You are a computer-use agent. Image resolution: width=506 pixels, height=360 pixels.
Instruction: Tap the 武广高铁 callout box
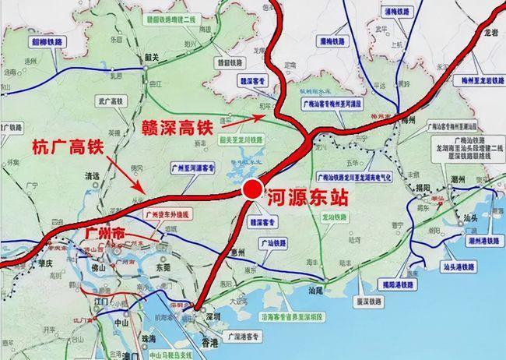click(x=109, y=101)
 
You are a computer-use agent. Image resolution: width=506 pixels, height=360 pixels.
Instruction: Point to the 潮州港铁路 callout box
click(x=484, y=242)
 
